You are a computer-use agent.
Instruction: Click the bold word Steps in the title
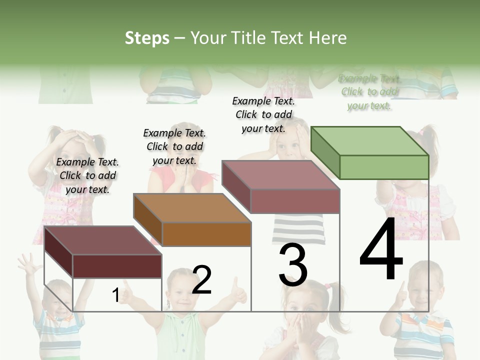click(147, 38)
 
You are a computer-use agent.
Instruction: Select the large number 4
click(381, 250)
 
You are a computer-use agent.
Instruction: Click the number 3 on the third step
click(293, 265)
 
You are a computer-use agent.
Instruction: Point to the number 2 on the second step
click(202, 280)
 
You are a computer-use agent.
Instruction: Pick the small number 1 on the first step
click(115, 295)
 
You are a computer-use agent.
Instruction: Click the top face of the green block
click(370, 141)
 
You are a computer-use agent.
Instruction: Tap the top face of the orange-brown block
click(192, 208)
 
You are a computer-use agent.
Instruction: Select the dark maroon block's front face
click(117, 266)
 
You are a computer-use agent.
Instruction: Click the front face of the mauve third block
click(295, 201)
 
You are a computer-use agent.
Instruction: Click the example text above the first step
click(87, 175)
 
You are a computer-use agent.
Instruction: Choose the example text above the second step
click(174, 146)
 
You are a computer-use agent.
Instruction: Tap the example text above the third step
click(263, 114)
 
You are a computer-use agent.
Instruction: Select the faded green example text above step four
click(369, 92)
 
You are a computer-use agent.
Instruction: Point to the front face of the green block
click(384, 167)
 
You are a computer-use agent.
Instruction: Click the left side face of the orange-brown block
click(148, 220)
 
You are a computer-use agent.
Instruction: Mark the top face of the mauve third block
click(281, 175)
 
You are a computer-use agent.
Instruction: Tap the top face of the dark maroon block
click(103, 240)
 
